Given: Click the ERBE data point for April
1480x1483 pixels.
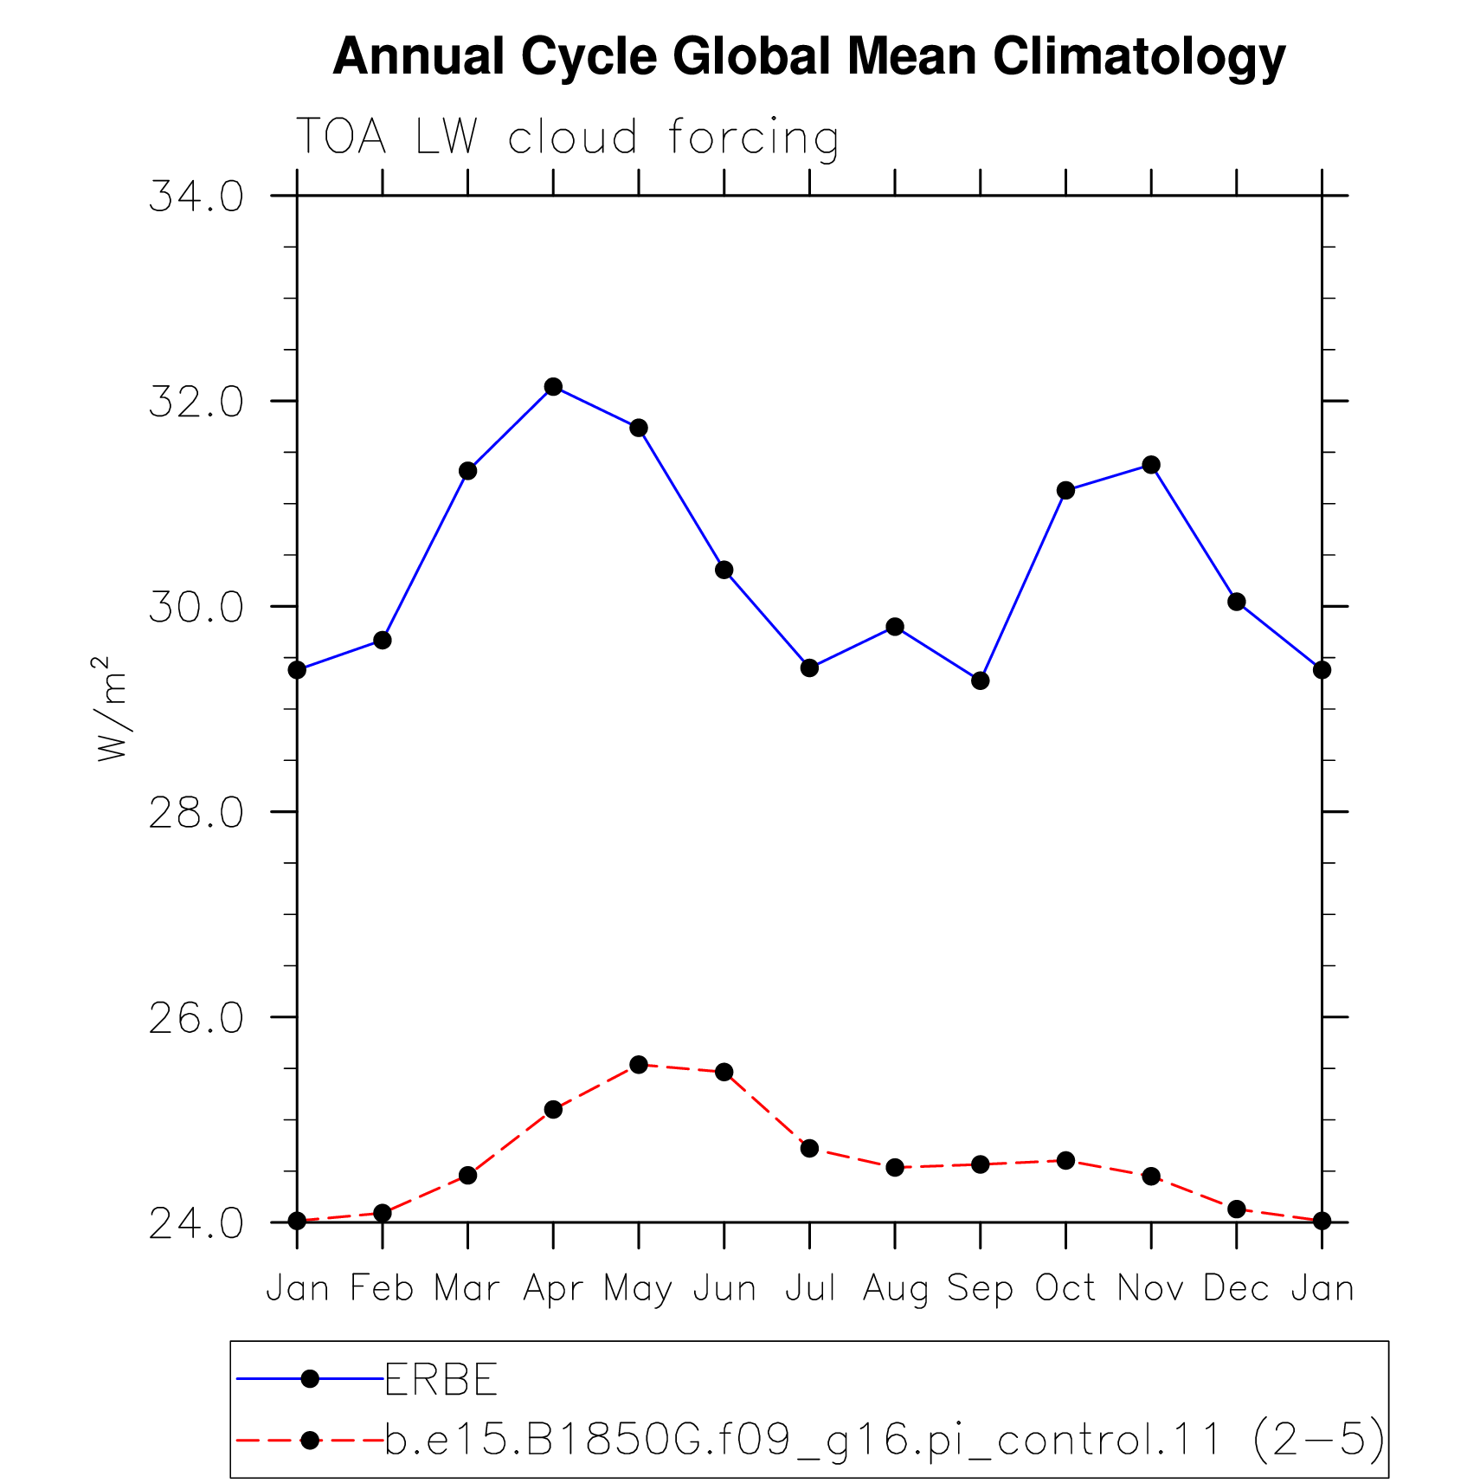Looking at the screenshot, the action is [553, 386].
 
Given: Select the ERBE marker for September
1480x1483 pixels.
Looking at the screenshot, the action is [980, 680].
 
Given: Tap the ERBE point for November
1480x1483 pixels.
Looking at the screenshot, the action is [1150, 465].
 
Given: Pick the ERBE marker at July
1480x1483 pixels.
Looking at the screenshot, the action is [809, 667].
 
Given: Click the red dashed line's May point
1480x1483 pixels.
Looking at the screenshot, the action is [639, 1064].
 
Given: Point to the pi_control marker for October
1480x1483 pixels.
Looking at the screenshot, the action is [1065, 1160].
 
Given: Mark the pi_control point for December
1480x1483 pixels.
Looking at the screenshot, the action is [1236, 1209].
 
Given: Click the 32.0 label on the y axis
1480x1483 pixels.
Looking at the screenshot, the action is [196, 402].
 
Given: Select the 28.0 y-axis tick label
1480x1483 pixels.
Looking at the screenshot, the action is [196, 812].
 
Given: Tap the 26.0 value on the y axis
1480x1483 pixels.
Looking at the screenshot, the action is [196, 1018].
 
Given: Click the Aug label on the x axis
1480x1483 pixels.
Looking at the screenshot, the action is [895, 1289].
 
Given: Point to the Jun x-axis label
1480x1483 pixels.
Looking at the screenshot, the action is [724, 1288].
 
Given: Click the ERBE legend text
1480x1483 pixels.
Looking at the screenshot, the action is [441, 1379].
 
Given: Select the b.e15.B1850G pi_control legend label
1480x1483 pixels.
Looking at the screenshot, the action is [885, 1440].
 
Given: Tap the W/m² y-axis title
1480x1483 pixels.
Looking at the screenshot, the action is [110, 708].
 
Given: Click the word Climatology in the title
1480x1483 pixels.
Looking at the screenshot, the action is [1139, 57].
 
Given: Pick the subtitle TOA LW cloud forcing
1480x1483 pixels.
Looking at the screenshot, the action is [567, 138].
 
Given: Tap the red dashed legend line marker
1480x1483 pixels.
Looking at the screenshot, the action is [310, 1440].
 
